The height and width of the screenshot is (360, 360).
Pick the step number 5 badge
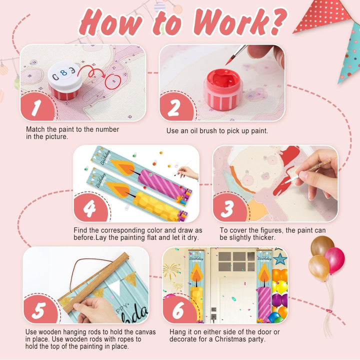[40, 309]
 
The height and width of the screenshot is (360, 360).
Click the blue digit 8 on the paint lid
[63, 73]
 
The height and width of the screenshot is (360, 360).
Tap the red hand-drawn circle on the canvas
[113, 81]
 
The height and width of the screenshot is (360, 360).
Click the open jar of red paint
[223, 89]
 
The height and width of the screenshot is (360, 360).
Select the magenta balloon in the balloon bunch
[334, 260]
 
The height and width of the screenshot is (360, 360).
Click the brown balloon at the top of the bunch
[322, 246]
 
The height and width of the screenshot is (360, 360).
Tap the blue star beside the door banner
[280, 259]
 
